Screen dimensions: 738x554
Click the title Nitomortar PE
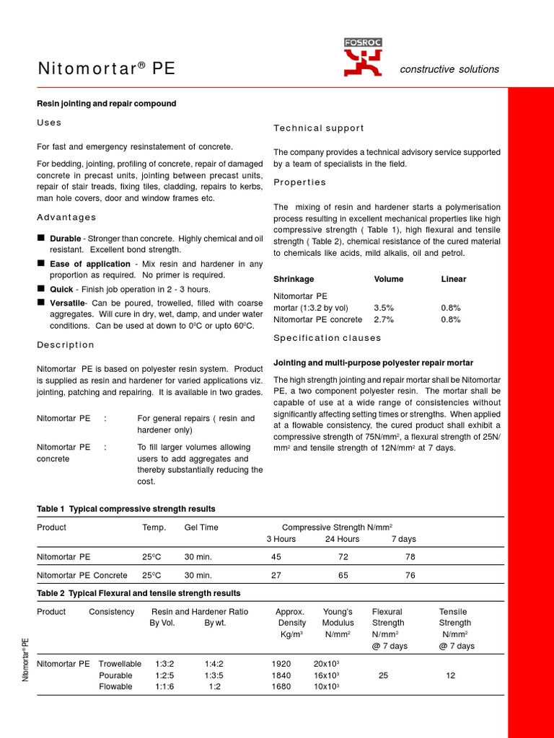pos(106,69)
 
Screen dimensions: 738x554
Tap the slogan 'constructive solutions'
pos(449,69)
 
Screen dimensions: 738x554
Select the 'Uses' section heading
pos(49,123)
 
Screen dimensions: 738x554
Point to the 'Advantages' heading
pos(66,218)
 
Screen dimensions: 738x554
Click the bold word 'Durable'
pos(65,238)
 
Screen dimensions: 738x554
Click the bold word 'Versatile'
pos(67,302)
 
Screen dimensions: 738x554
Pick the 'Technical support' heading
pos(319,128)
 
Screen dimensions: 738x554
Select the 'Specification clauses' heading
pos(327,338)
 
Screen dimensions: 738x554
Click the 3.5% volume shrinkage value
pos(384,308)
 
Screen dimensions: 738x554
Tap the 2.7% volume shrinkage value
pos(384,319)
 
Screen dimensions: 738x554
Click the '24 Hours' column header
pos(342,539)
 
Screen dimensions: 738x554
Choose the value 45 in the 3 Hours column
pos(276,557)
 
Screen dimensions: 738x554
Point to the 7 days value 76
pos(410,575)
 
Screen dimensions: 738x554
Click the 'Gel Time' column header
pos(201,528)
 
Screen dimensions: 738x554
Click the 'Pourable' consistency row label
pos(115,675)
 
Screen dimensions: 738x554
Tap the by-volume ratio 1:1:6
pos(164,687)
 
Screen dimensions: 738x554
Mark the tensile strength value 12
pos(451,675)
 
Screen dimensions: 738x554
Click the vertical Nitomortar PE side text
pos(25,659)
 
